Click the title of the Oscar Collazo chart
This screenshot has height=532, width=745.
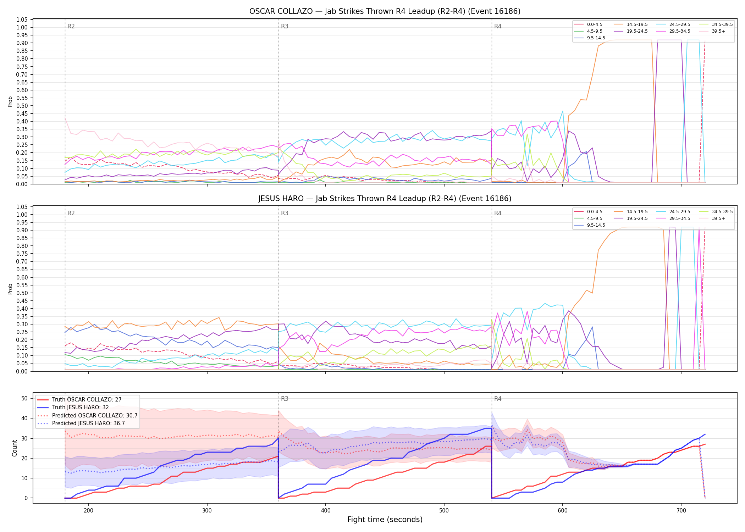click(385, 11)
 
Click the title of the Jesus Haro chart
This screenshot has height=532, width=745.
click(385, 199)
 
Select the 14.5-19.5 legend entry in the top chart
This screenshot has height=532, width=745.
click(631, 24)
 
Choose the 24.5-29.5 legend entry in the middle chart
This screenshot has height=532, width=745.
click(674, 212)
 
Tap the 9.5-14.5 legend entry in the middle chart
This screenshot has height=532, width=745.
click(590, 225)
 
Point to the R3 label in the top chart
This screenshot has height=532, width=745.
click(285, 26)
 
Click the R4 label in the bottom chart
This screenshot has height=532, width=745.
click(498, 399)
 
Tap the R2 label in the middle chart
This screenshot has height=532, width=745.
click(71, 213)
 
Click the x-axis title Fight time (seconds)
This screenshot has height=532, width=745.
click(385, 520)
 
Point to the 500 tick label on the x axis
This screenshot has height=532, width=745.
click(444, 510)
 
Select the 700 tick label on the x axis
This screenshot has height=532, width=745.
click(681, 510)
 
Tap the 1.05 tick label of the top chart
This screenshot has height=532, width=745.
click(22, 20)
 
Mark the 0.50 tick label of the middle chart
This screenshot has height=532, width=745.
click(22, 293)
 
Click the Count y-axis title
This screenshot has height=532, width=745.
click(15, 448)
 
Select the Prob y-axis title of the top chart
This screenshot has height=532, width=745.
click(10, 101)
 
